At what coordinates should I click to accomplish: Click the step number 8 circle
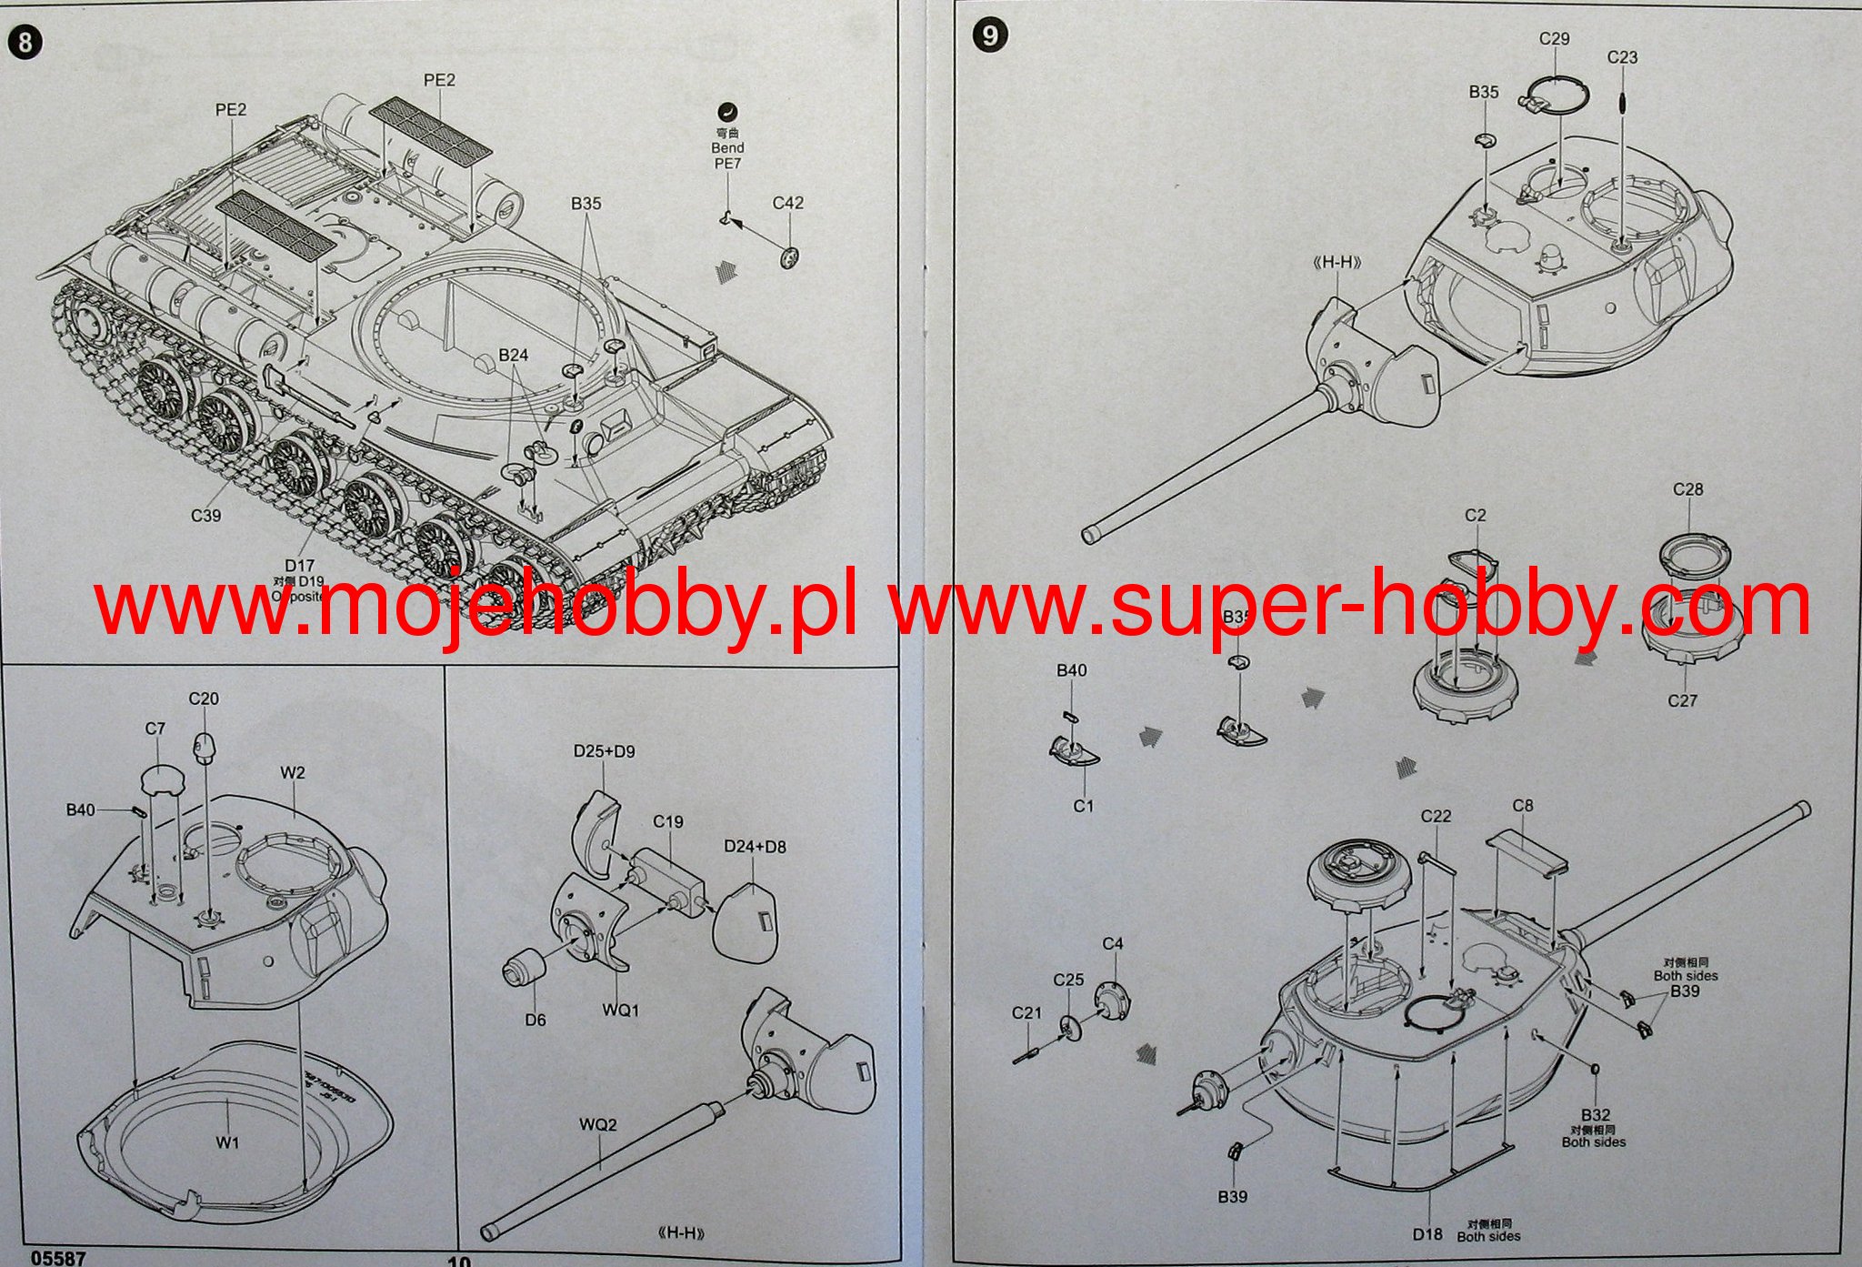(25, 43)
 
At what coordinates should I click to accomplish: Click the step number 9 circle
(990, 35)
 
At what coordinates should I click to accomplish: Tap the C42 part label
(787, 203)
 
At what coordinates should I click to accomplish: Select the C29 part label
(1554, 39)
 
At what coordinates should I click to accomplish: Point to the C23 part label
(1622, 57)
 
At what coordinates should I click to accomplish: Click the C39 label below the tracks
(205, 516)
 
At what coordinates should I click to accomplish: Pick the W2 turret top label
(293, 773)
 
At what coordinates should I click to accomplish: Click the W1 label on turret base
(227, 1142)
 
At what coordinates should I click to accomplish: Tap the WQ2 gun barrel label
(597, 1125)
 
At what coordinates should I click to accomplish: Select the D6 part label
(535, 1021)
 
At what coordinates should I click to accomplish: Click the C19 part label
(667, 822)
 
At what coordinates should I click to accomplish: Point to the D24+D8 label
(755, 847)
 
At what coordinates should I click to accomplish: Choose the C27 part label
(1682, 700)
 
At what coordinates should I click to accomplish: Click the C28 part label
(1687, 489)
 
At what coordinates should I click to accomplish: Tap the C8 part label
(1523, 806)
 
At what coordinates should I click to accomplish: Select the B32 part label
(1596, 1115)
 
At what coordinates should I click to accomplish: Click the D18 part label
(1427, 1234)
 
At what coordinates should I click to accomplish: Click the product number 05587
(58, 1258)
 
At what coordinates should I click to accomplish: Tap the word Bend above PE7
(727, 147)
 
